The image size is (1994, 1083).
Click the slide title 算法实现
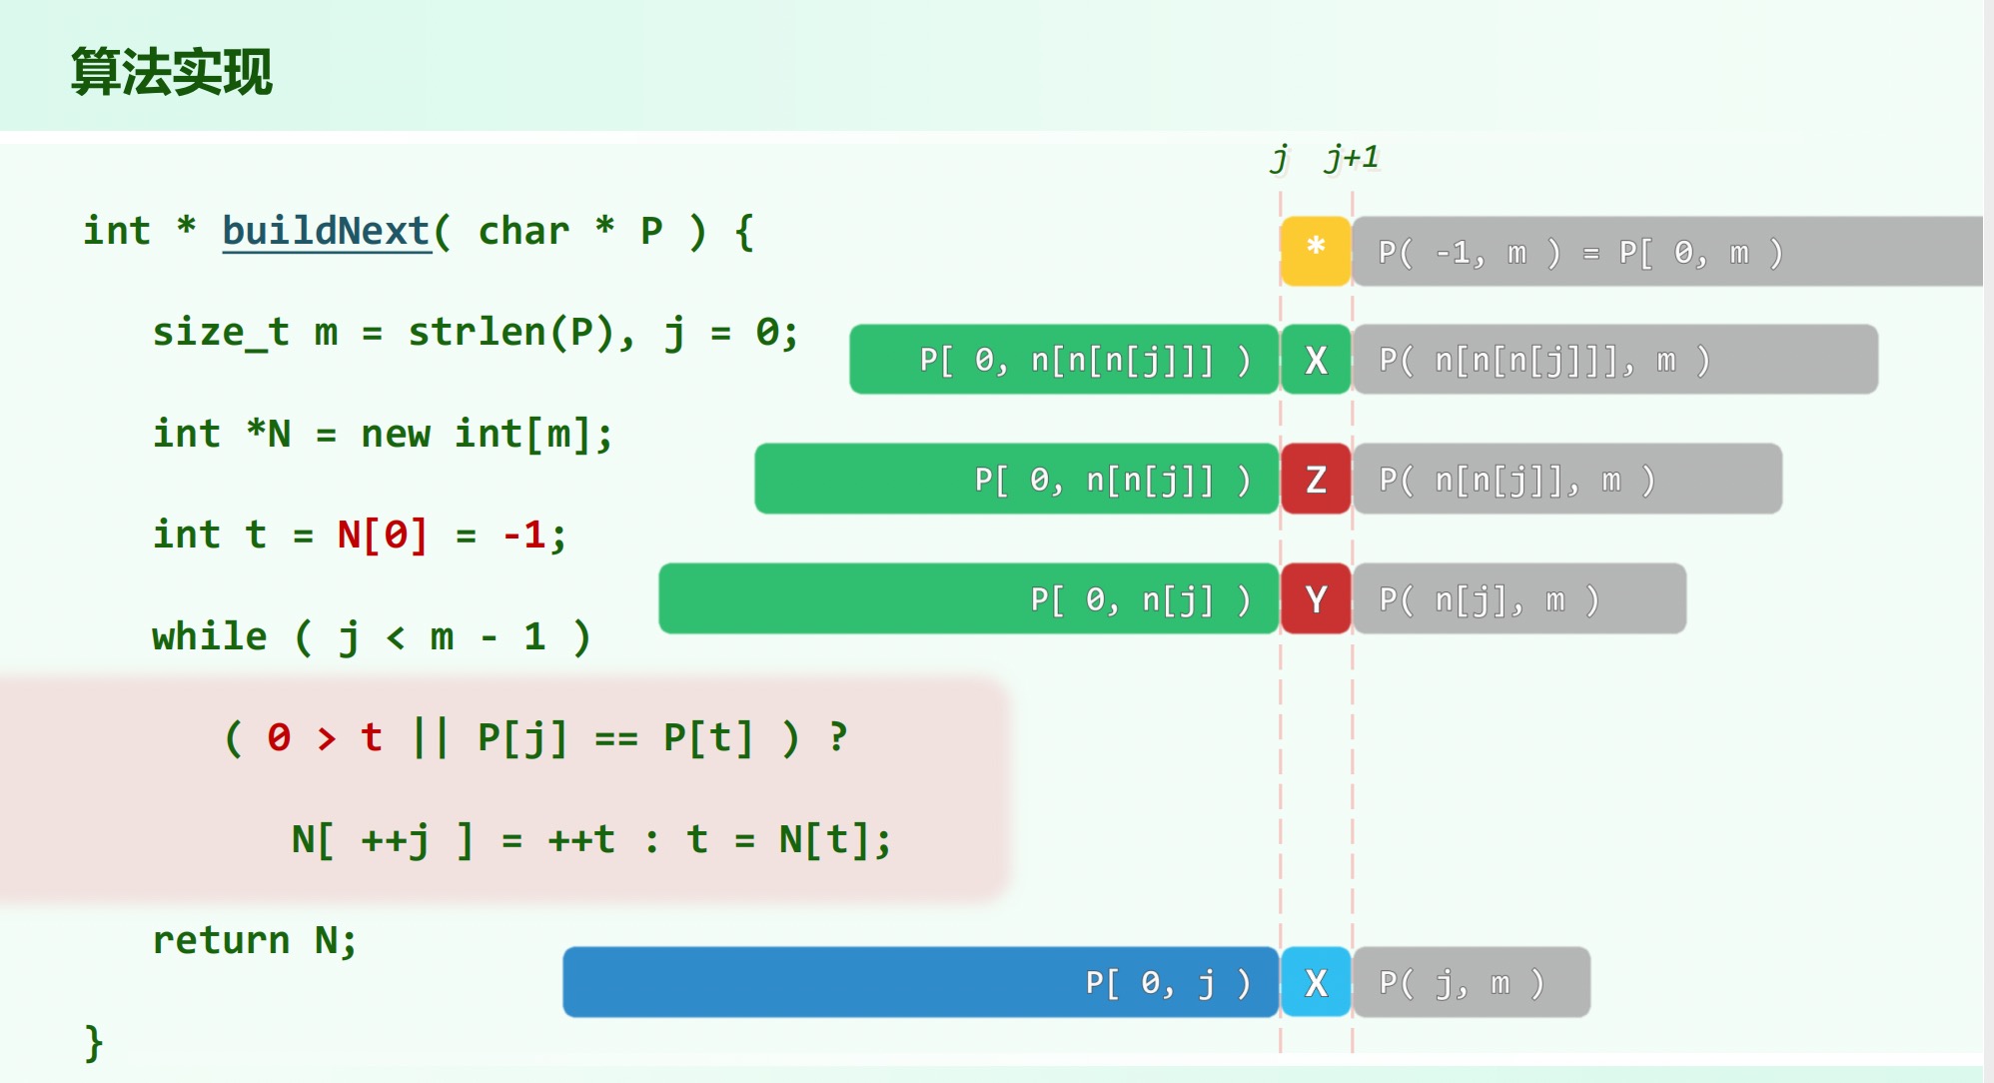pos(171,72)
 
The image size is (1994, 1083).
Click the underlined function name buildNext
pos(326,231)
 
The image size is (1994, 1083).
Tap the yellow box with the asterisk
pos(1316,251)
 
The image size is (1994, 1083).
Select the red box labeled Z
pos(1316,480)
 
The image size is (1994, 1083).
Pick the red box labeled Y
pos(1316,599)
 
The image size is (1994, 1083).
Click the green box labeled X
pos(1316,360)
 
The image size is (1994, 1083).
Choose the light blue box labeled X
pos(1316,983)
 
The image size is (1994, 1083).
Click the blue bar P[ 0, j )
pos(919,983)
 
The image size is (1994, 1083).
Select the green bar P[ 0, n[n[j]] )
pos(1015,480)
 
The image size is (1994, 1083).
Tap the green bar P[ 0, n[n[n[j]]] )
pos(1063,360)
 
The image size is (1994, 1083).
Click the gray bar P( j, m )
pos(1471,983)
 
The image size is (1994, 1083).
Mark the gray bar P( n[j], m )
pos(1518,599)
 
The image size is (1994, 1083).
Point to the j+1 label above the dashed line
pos(1352,158)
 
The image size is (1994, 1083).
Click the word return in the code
pos(220,940)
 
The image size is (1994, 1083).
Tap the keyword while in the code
pos(209,636)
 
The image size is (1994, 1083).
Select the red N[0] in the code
pos(382,535)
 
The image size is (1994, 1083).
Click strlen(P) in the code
pos(510,332)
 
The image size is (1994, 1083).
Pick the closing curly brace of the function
pos(94,1042)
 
